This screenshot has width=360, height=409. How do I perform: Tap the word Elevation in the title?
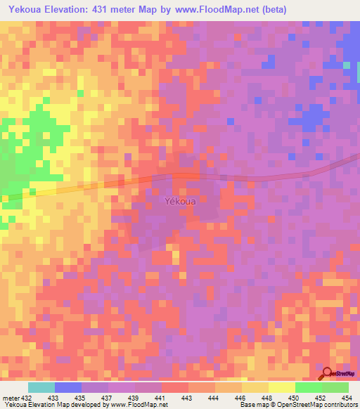tap(79, 9)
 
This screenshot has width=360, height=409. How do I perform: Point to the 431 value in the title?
tap(122, 9)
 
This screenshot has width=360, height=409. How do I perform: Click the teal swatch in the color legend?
tap(41, 387)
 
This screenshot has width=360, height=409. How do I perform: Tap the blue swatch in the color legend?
tap(68, 387)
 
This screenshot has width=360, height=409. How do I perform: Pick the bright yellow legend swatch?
tap(282, 387)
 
